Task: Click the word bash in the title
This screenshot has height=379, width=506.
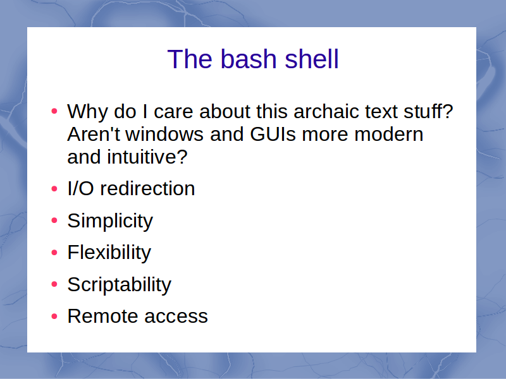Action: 249,59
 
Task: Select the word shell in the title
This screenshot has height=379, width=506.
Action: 312,59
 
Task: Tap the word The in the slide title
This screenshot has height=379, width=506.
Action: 190,59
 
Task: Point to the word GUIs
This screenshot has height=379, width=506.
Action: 273,134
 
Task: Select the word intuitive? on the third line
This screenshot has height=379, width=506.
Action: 147,157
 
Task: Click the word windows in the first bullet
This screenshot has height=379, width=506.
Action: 164,134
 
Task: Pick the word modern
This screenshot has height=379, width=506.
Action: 388,134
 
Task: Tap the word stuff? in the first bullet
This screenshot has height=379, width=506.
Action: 424,112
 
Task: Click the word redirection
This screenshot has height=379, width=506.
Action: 147,188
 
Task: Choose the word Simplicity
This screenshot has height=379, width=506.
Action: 110,222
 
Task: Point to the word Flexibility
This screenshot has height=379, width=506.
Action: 109,253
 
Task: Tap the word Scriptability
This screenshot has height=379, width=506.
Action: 119,285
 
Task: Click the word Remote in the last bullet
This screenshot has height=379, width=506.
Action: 102,316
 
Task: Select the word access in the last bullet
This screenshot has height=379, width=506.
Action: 176,316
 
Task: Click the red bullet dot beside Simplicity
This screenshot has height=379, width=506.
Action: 54,220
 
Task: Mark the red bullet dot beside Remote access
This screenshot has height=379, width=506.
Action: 54,316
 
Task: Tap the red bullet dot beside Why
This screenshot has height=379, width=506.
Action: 54,112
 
